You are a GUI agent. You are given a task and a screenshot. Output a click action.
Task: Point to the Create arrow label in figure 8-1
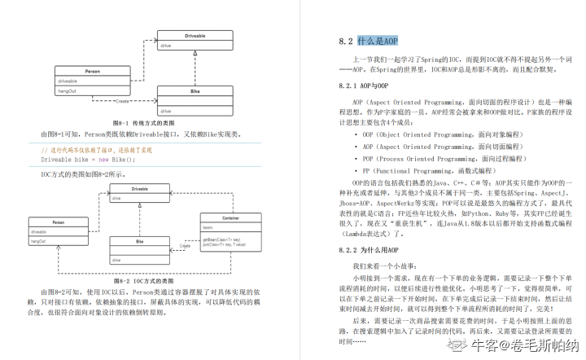[123, 100]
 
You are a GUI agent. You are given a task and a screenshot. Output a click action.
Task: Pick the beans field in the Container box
[208, 228]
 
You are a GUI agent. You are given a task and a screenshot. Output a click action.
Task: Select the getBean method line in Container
[220, 239]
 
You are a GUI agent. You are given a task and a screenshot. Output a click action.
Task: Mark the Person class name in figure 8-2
[58, 222]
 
